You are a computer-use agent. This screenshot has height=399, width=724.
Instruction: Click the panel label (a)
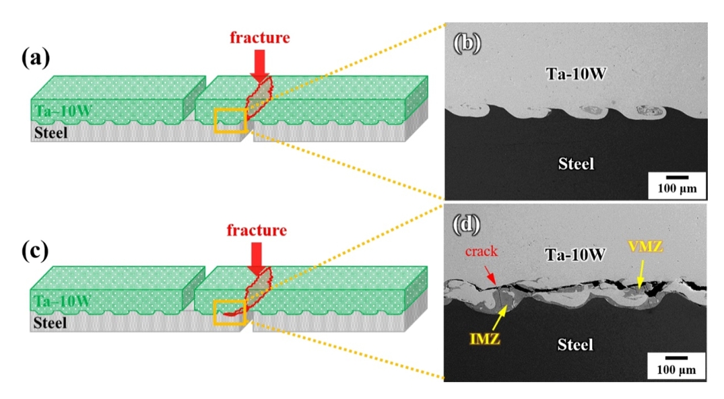click(x=36, y=59)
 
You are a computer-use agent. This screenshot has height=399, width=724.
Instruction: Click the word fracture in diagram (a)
click(x=259, y=37)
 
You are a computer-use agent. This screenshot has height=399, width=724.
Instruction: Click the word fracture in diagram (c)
click(x=257, y=231)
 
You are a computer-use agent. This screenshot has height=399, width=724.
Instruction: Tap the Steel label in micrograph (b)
click(x=576, y=163)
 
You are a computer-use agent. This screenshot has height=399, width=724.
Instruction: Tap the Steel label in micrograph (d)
click(x=575, y=344)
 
